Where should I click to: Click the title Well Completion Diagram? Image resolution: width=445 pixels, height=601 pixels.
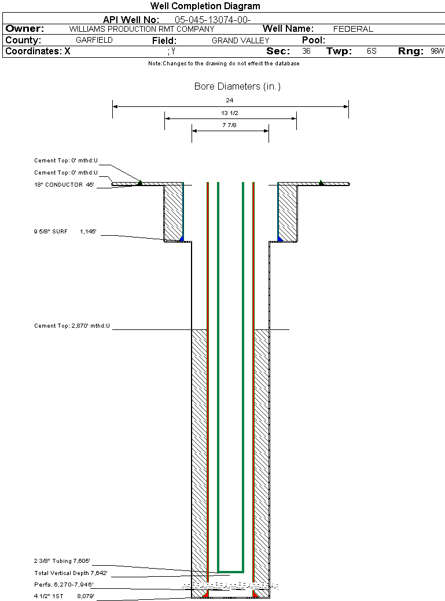[x=205, y=6]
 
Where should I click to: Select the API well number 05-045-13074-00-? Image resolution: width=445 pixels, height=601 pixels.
[x=212, y=20]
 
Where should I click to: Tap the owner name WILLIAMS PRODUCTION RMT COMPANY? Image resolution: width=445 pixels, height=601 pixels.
[x=141, y=29]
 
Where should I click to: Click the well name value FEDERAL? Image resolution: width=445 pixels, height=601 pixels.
[x=353, y=29]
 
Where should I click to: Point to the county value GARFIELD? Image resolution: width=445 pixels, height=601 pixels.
[x=94, y=40]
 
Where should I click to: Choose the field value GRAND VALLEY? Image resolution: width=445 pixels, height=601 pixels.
[x=240, y=40]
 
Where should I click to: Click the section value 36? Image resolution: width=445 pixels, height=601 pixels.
[x=306, y=51]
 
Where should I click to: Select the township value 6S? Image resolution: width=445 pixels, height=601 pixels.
[x=372, y=51]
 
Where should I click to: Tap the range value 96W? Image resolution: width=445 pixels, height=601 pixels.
[x=437, y=51]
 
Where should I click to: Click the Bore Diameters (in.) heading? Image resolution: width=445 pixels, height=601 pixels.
[x=237, y=87]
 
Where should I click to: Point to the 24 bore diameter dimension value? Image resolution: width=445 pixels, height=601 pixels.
[x=230, y=101]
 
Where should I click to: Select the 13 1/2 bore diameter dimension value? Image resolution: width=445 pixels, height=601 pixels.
[x=230, y=113]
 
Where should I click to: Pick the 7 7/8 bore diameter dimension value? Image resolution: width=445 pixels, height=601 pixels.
[x=230, y=125]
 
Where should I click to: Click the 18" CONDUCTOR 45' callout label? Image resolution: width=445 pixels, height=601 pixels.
[x=64, y=185]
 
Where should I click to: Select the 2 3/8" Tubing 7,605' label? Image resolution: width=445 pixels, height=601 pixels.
[x=62, y=561]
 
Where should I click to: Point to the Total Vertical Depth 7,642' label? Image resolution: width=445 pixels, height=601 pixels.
[x=71, y=573]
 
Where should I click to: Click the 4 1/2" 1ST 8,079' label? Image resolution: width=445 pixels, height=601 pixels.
[x=64, y=596]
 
